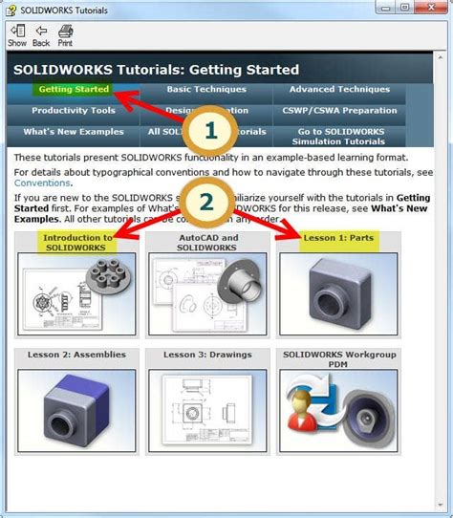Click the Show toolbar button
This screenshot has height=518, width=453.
(x=17, y=35)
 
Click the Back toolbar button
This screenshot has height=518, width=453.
(x=41, y=35)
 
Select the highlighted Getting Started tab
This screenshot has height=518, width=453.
(x=73, y=89)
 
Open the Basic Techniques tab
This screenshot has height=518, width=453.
(x=206, y=89)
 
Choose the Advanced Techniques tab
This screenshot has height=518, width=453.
(x=339, y=89)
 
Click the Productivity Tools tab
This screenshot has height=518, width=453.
(x=73, y=110)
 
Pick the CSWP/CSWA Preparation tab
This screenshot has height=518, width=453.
(x=339, y=110)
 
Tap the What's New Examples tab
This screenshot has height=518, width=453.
(x=73, y=131)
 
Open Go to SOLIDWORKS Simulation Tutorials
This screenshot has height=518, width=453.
(x=339, y=136)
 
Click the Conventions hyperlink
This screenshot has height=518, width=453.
(x=41, y=183)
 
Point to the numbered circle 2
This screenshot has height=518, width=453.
(x=205, y=201)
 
